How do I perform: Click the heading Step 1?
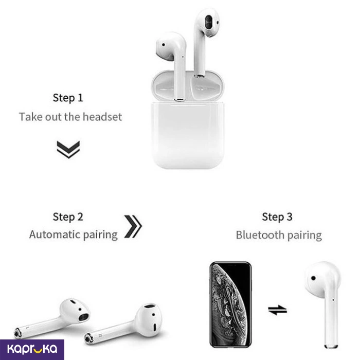pyautogui.click(x=68, y=98)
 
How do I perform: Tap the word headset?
pyautogui.click(x=102, y=117)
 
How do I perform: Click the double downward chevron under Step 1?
pyautogui.click(x=68, y=150)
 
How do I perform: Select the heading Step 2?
pyautogui.click(x=68, y=217)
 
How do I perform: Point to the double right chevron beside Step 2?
pyautogui.click(x=133, y=226)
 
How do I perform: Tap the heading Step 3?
pyautogui.click(x=277, y=217)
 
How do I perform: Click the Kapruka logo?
pyautogui.click(x=32, y=349)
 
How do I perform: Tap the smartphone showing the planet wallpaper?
pyautogui.click(x=230, y=304)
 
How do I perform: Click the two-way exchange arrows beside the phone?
pyautogui.click(x=277, y=310)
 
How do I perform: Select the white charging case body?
pyautogui.click(x=188, y=135)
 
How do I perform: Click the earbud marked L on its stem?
pyautogui.click(x=52, y=318)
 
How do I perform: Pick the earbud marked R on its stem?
pyautogui.click(x=123, y=323)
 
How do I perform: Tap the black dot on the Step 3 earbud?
pyautogui.click(x=313, y=278)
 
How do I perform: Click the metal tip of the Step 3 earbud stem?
pyautogui.click(x=331, y=346)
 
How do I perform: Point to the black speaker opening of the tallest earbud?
pyautogui.click(x=209, y=22)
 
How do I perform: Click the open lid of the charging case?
pyautogui.click(x=187, y=86)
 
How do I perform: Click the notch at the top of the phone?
pyautogui.click(x=231, y=265)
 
